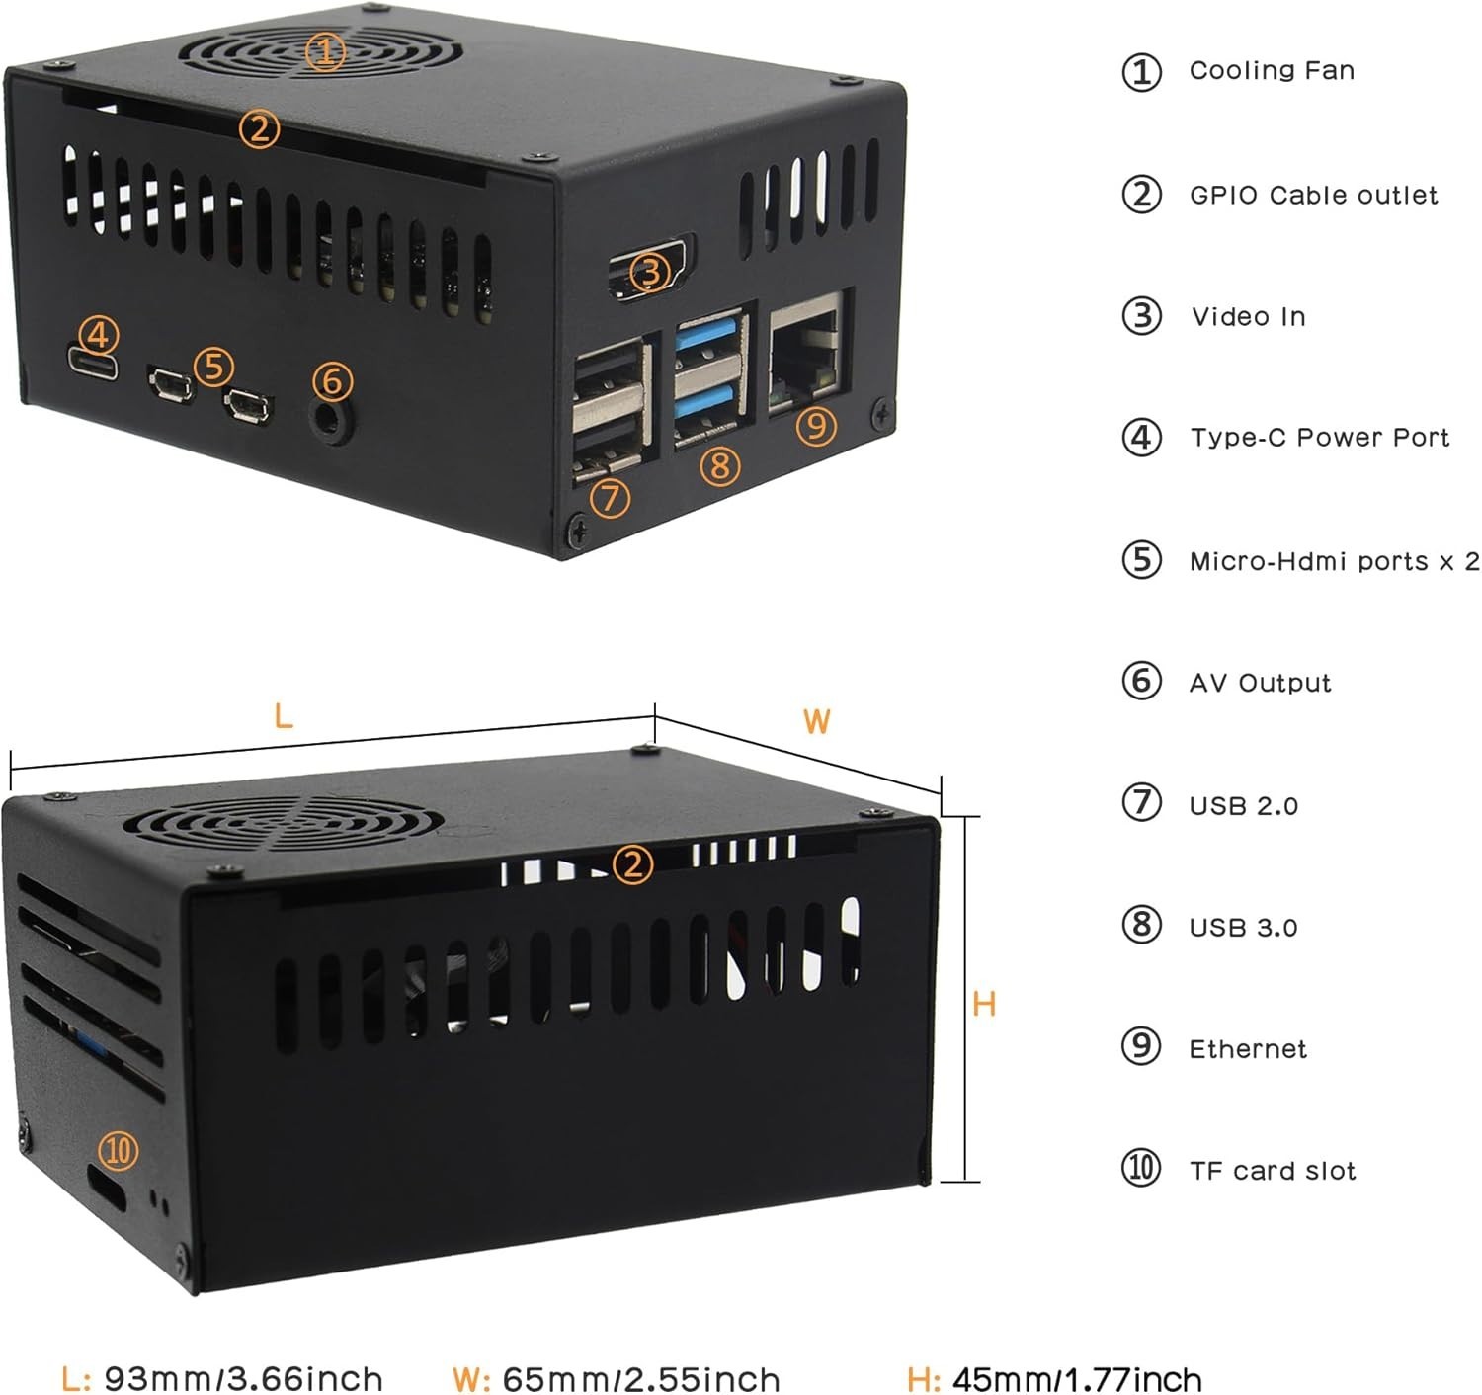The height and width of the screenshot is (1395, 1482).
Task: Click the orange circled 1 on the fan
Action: point(325,51)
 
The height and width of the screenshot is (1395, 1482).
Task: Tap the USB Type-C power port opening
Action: point(94,365)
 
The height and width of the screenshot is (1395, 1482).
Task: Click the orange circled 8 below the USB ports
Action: point(720,464)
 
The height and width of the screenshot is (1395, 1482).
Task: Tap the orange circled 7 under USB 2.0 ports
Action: point(610,497)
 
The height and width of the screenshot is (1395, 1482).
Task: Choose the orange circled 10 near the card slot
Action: point(119,1151)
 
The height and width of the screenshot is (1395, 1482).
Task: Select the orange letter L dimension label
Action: point(284,715)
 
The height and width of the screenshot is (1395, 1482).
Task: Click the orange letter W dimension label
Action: point(816,721)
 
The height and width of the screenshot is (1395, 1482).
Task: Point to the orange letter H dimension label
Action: point(984,1005)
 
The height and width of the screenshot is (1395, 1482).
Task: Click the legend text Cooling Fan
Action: point(1272,71)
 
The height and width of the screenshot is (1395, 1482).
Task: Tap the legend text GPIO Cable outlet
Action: point(1313,195)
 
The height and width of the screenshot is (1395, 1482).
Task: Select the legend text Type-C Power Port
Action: point(1319,438)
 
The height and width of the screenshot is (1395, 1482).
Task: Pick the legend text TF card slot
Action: point(1273,1171)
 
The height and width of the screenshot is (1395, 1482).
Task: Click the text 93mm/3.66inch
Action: point(243,1378)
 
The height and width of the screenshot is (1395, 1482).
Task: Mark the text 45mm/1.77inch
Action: point(1077,1378)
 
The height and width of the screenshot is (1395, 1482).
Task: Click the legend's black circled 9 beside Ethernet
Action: point(1141,1045)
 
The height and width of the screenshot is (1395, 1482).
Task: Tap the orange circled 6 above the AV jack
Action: point(332,380)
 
